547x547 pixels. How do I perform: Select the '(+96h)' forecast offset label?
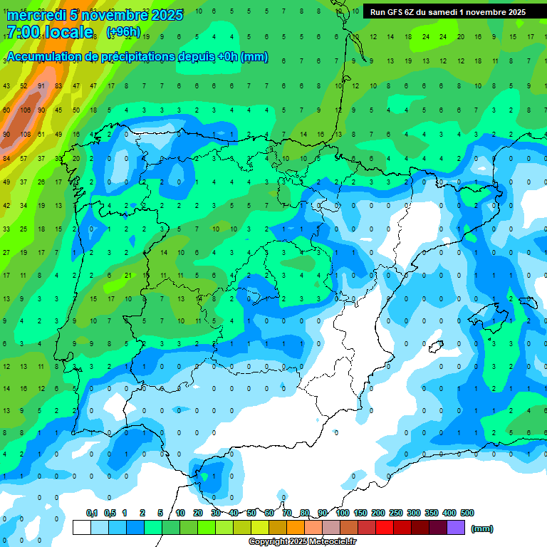(123, 32)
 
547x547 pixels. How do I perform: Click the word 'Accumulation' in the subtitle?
(43, 57)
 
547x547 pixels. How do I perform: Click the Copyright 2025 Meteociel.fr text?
(302, 541)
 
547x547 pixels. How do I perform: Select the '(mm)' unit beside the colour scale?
(482, 528)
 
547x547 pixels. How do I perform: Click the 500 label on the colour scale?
(467, 513)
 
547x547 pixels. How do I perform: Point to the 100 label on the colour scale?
(343, 513)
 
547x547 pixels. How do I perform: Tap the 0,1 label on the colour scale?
(92, 513)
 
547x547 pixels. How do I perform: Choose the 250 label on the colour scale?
(396, 513)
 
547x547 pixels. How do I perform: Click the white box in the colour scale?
(82, 528)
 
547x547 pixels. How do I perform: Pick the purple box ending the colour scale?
(456, 528)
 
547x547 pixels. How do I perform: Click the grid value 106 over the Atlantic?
(25, 110)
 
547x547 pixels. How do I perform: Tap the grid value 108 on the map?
(25, 134)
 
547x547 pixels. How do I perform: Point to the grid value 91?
(41, 87)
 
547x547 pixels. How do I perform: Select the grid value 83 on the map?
(58, 87)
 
